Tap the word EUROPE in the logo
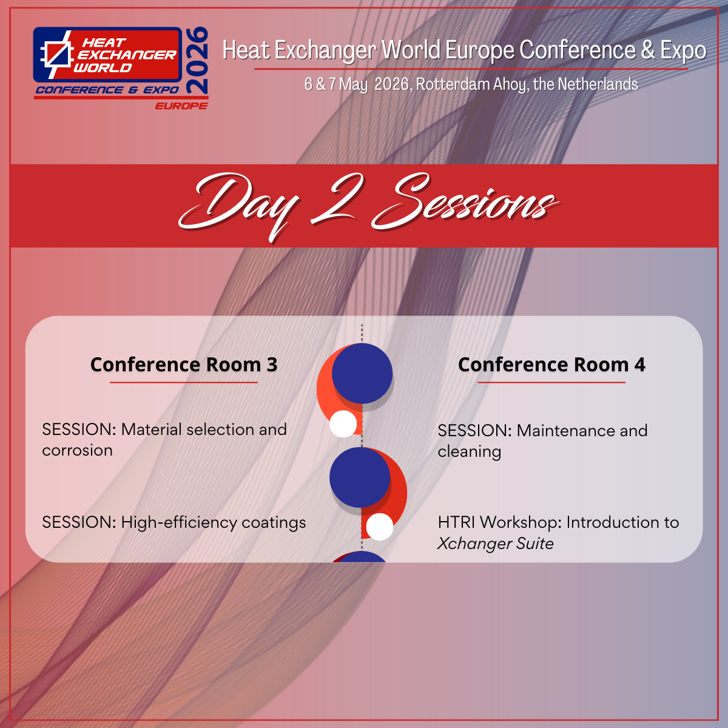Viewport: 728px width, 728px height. point(181,106)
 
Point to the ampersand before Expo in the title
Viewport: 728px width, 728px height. point(647,50)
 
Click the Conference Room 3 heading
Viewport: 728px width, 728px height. point(184,365)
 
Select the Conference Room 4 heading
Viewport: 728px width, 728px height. point(551,365)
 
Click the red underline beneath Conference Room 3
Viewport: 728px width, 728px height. point(184,382)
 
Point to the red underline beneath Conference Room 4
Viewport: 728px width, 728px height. point(551,382)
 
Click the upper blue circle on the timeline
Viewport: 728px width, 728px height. point(362,373)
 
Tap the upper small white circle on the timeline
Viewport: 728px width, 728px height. point(343,424)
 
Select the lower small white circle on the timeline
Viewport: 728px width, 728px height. point(380,527)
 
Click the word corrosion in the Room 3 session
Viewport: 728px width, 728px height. point(78,451)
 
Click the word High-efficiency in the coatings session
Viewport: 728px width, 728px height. point(179,523)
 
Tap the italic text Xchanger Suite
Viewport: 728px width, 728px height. point(496,544)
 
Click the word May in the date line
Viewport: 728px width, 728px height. point(353,84)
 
